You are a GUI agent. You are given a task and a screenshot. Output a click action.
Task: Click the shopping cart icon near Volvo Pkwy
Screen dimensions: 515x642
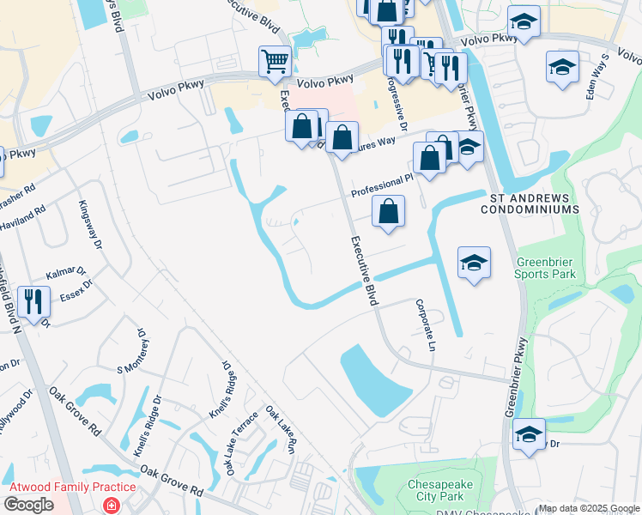point(275,61)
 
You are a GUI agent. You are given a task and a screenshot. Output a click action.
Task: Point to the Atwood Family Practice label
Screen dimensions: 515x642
point(71,488)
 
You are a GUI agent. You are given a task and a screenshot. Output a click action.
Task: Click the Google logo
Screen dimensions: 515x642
point(28,505)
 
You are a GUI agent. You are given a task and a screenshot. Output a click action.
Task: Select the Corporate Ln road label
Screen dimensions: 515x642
point(422,324)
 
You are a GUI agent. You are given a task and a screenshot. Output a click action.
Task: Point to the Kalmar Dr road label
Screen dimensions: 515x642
point(66,274)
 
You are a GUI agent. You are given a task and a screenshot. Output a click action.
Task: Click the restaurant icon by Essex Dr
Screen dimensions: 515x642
point(33,301)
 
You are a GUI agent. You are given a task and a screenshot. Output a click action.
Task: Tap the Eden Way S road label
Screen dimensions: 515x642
point(597,76)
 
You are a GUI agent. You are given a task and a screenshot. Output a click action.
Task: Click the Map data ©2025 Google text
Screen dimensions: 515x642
point(589,508)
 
